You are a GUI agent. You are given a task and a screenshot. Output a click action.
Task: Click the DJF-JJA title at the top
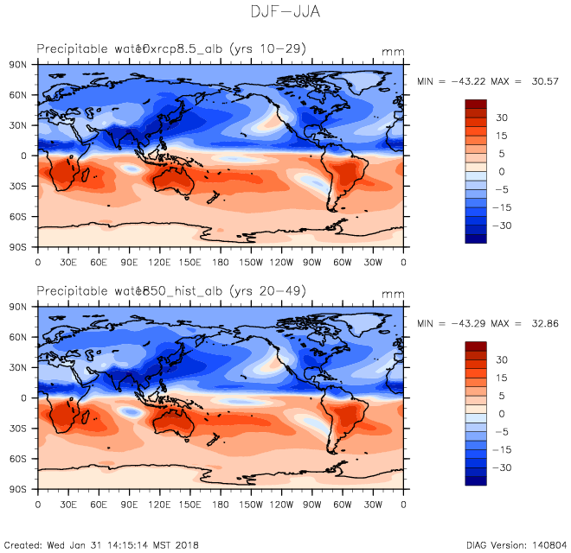click(285, 12)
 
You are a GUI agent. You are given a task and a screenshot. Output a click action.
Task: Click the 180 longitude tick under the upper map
click(221, 261)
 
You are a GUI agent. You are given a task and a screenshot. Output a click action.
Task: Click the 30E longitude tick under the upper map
click(67, 261)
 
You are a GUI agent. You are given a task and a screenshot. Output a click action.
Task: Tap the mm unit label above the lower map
click(393, 295)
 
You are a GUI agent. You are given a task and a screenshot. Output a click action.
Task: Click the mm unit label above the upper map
click(393, 53)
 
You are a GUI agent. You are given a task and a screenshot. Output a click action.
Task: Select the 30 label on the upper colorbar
click(502, 118)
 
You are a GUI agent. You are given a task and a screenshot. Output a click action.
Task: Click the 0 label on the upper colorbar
click(502, 172)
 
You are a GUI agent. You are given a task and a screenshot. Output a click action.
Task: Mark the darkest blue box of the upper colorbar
click(477, 238)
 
